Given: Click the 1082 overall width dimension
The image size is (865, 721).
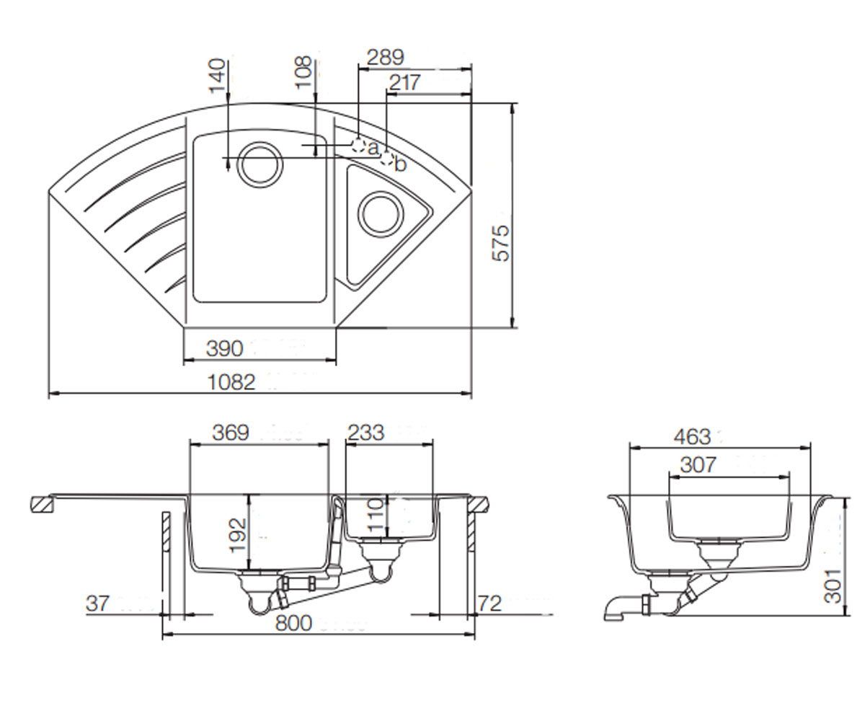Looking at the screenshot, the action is (231, 382).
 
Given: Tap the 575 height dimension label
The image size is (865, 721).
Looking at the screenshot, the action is (500, 243).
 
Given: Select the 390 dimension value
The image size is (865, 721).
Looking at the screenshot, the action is (224, 348).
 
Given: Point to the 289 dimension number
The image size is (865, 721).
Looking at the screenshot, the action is (385, 58).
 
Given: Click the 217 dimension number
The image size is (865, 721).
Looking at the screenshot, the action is (404, 82).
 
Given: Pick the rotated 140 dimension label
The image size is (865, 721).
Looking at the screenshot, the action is (218, 76).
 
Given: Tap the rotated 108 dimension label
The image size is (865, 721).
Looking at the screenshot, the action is (303, 72).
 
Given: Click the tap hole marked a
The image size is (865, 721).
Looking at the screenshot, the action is (359, 146).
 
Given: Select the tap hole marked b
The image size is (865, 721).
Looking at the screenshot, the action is (387, 159).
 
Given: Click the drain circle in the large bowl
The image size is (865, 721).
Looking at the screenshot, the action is (260, 164).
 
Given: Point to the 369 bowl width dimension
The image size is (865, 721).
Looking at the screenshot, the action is (231, 433).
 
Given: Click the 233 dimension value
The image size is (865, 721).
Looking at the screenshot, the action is (365, 433).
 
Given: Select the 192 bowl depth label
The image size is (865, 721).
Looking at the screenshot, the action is (238, 535).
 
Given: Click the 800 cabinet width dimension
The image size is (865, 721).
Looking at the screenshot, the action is (293, 623).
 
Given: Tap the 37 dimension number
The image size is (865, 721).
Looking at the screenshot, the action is (98, 603).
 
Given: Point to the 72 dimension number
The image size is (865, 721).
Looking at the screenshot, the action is (489, 603).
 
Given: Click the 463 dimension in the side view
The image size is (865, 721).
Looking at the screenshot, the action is (692, 437).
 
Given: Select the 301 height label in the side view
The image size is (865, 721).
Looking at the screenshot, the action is (833, 586).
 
